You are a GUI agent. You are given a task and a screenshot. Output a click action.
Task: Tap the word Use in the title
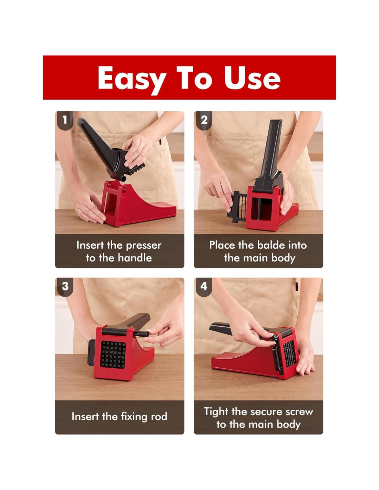pyautogui.click(x=252, y=78)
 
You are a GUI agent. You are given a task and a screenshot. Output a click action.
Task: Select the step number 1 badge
pyautogui.click(x=65, y=120)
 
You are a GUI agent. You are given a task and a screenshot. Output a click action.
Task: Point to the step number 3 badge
pyautogui.click(x=65, y=286)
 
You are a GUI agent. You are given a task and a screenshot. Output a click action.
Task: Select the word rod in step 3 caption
pyautogui.click(x=159, y=416)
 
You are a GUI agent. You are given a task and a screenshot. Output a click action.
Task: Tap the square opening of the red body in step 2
pyautogui.click(x=262, y=209)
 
